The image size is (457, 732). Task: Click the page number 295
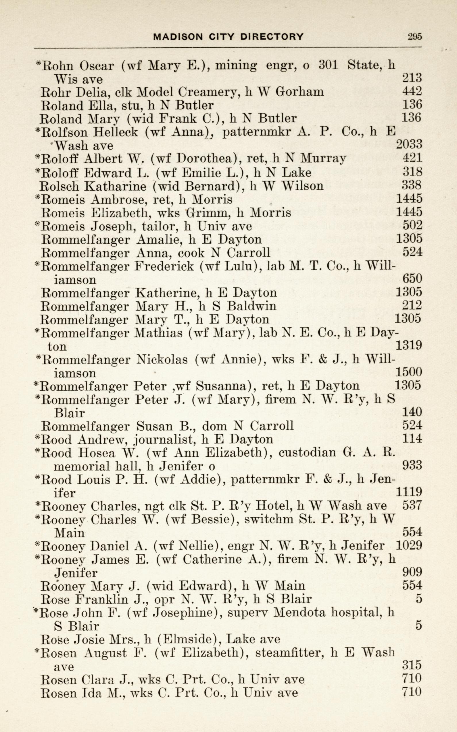pos(414,36)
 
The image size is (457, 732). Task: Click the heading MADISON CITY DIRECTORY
pos(228,37)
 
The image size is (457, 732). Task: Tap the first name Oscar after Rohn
pos(98,65)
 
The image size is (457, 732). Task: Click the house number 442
pos(412,91)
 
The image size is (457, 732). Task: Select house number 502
pos(412,225)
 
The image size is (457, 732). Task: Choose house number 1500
pos(409,373)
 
